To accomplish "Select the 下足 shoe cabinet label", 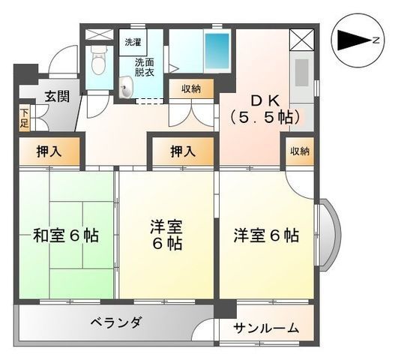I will [25, 118].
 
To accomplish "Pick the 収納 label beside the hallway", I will [191, 88].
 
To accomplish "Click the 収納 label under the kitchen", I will [300, 151].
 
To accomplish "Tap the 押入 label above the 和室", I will [49, 151].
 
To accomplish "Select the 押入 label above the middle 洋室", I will [182, 151].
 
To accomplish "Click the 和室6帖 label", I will [66, 235].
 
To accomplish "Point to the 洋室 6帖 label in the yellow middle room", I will [166, 235].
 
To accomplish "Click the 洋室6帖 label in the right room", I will [265, 235].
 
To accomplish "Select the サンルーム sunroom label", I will [266, 328].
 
